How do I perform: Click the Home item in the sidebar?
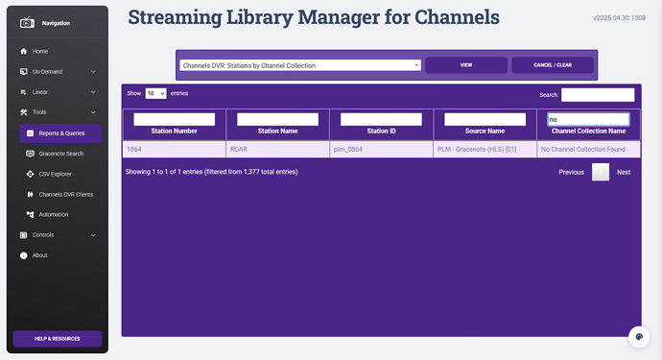(35, 51)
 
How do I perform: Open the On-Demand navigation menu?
(58, 72)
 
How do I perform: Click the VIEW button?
(466, 65)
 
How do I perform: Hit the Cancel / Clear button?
(553, 65)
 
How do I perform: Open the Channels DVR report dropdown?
(300, 65)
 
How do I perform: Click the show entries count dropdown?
(155, 93)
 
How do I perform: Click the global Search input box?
(598, 95)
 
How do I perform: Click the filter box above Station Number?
(174, 120)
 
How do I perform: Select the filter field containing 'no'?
(588, 120)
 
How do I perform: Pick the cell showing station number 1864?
(175, 149)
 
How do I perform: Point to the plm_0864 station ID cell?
(381, 149)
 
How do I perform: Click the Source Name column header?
(485, 131)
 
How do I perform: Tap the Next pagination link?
(624, 172)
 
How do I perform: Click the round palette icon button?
(639, 337)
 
